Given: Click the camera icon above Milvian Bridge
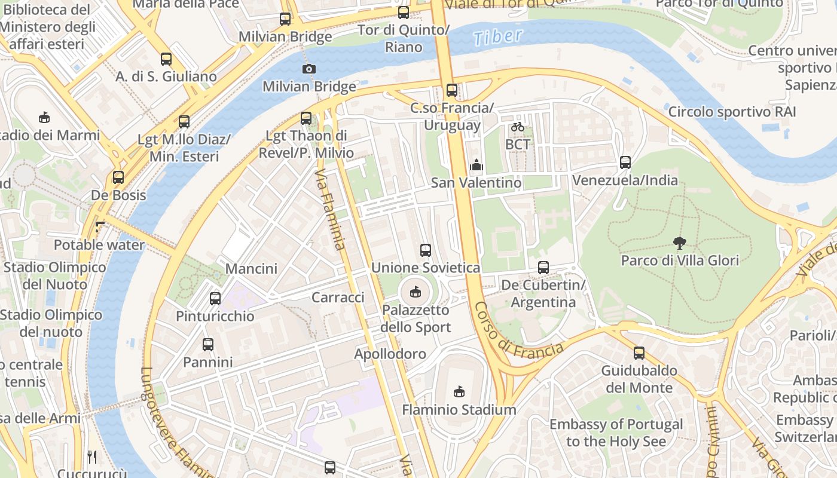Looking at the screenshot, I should point(309,69).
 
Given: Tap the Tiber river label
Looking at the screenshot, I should point(497,37).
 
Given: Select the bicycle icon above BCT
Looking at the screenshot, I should point(518,127).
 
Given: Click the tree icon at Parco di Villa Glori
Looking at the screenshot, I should point(679,243).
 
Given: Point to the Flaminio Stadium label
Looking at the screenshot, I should point(459,410).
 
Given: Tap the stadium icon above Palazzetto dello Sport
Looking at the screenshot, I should point(415,292).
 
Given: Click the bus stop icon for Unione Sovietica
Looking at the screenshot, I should point(426,250).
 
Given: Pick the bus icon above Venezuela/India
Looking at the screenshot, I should point(625,163).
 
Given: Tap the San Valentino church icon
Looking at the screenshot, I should point(476,165).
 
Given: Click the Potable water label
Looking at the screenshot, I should point(99,245).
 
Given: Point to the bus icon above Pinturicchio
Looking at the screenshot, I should point(215,298).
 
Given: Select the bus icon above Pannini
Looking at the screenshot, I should point(207,345).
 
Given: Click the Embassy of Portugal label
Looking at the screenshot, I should point(616,433).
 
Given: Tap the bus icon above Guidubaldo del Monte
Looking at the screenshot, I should point(639,353).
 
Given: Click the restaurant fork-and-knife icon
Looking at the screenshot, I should point(92,457).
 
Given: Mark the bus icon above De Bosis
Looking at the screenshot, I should point(118,177).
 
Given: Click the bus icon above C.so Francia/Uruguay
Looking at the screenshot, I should point(452,90).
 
